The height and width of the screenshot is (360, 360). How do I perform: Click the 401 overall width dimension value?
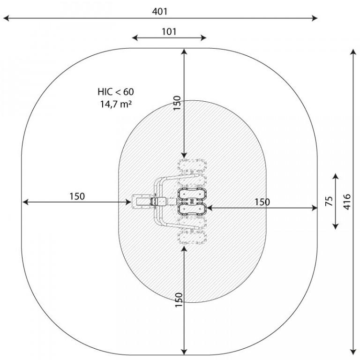coord(159,11)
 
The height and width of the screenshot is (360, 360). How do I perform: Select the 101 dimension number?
coord(169,32)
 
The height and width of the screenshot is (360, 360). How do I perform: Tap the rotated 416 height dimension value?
coord(347,202)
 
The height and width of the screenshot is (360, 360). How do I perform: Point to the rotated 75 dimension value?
coord(329,201)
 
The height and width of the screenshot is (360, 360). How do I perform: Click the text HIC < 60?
coord(116,92)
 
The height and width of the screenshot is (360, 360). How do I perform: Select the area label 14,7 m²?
coord(116,104)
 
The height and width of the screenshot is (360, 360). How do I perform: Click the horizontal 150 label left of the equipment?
coord(77,196)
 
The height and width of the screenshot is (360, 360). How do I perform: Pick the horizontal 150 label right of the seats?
coord(262,202)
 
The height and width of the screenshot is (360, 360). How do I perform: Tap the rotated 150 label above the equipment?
coord(177,103)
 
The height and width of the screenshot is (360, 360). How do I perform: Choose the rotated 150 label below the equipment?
coord(179,300)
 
